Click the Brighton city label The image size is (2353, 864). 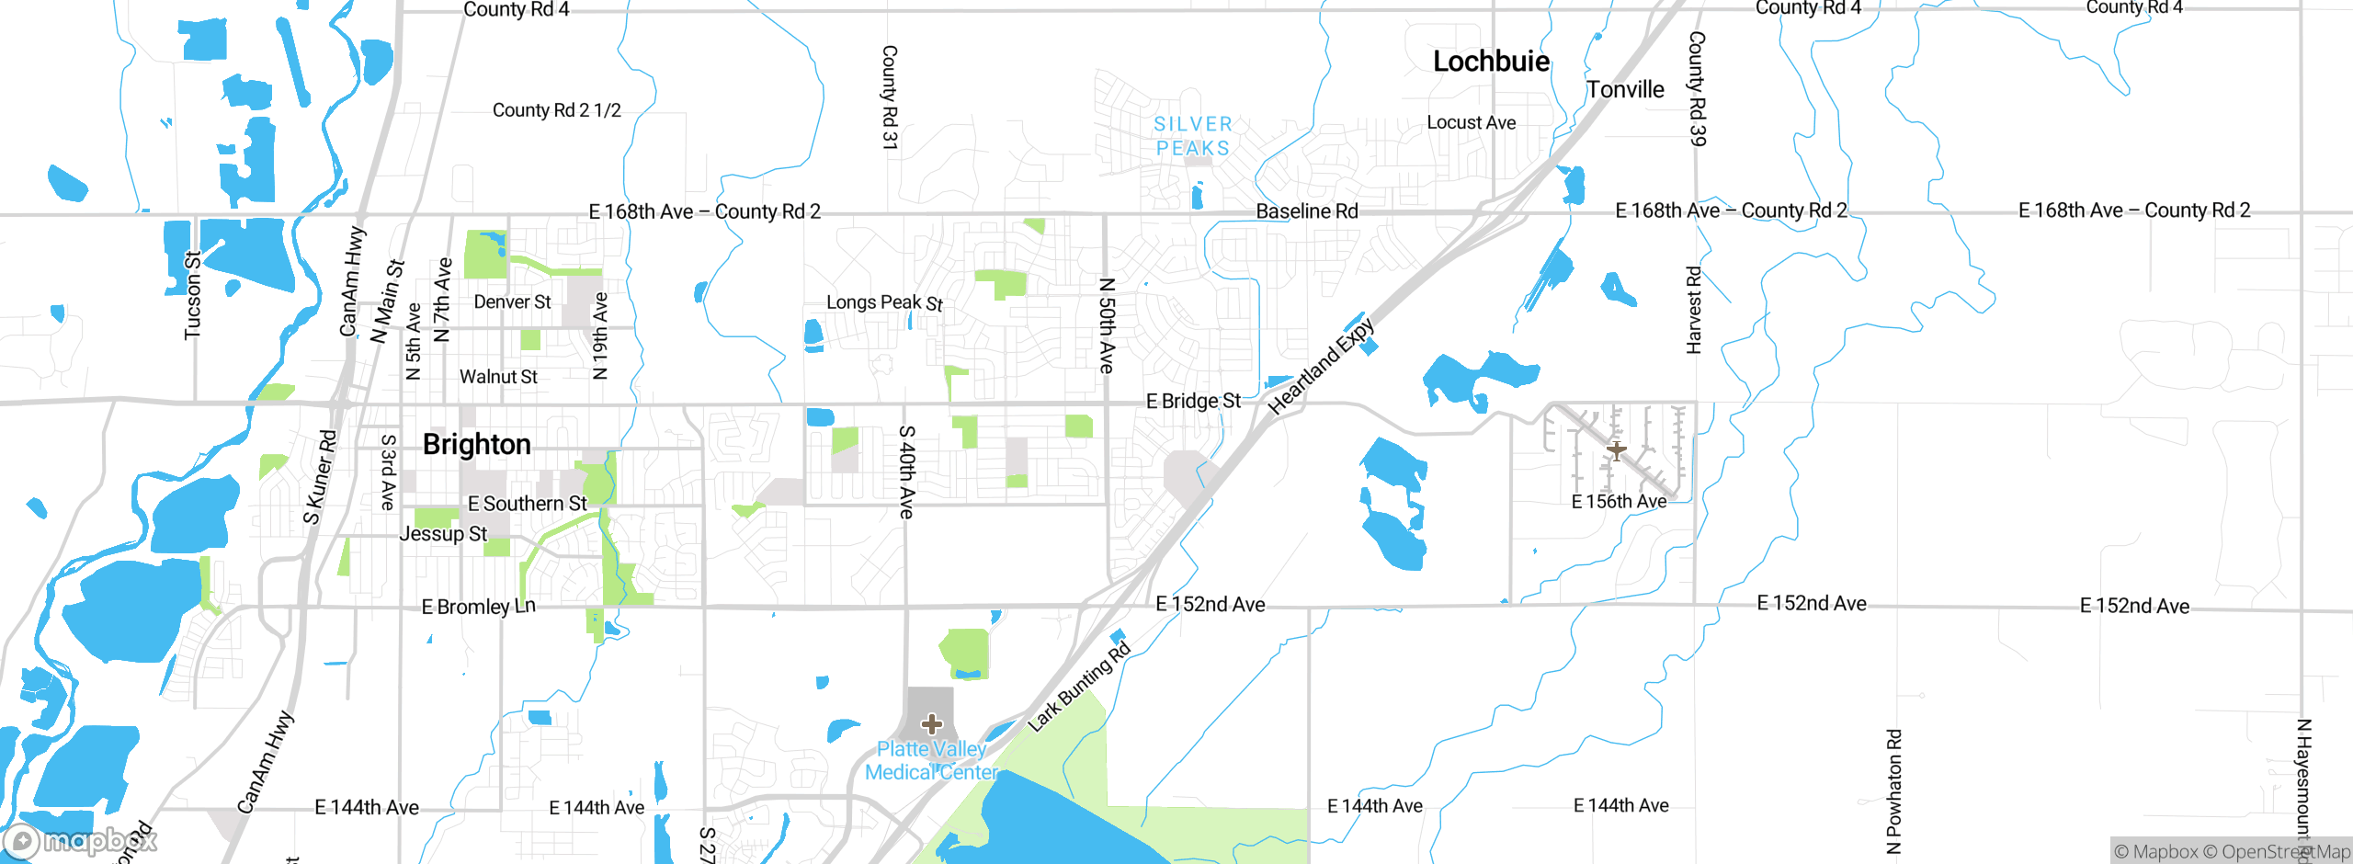click(x=476, y=445)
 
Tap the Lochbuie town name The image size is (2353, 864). click(x=1491, y=62)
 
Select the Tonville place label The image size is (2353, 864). click(x=1625, y=90)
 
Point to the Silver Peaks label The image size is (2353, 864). click(x=1192, y=136)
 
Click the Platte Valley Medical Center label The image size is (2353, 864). click(x=931, y=761)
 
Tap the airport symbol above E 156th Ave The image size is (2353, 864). click(x=1616, y=450)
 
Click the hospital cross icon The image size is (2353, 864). click(x=931, y=724)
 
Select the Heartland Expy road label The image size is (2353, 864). click(x=1321, y=367)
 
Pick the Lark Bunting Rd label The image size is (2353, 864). click(x=1078, y=688)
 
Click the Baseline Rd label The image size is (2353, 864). click(x=1306, y=211)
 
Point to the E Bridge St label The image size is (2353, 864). click(x=1193, y=401)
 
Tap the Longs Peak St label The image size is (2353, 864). click(x=884, y=302)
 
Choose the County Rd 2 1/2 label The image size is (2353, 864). click(x=556, y=110)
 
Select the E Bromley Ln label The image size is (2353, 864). click(x=478, y=607)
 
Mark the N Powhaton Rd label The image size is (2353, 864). click(x=1893, y=791)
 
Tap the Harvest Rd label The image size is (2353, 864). click(x=1694, y=310)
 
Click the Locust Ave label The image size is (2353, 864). click(x=1471, y=122)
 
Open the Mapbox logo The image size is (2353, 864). click(x=79, y=840)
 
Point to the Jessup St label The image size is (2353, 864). click(x=443, y=534)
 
